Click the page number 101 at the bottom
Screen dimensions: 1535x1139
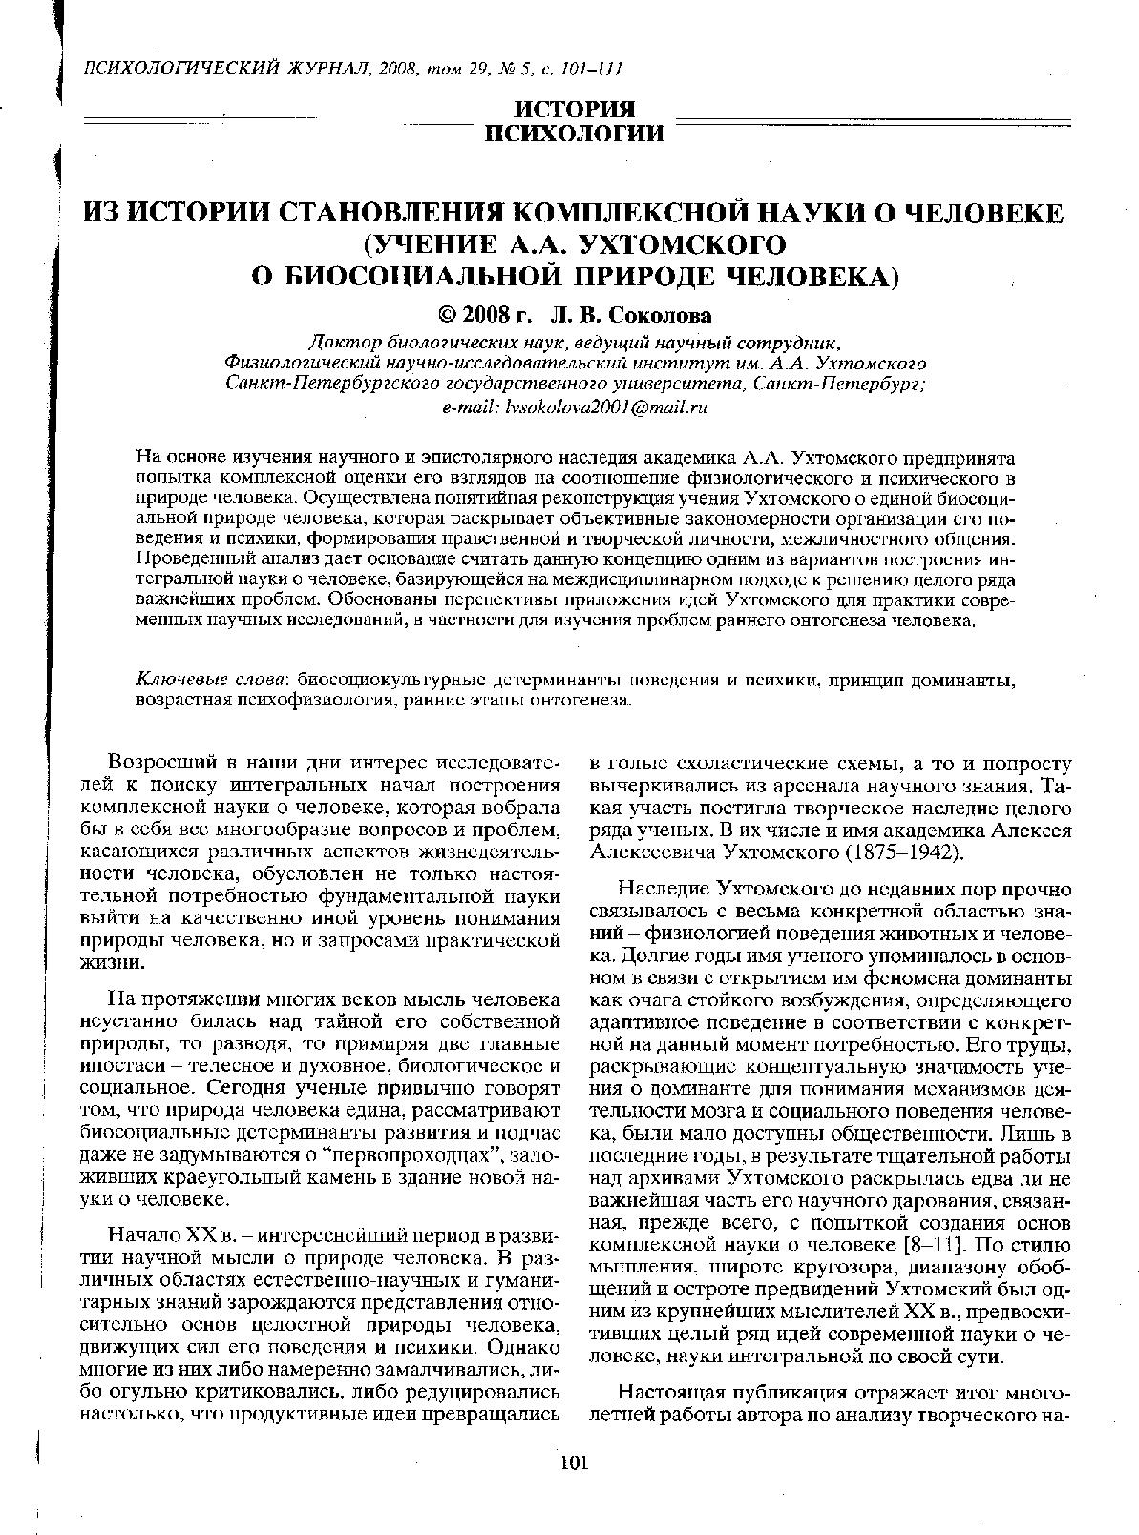[574, 1462]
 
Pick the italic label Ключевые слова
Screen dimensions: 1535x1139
[212, 680]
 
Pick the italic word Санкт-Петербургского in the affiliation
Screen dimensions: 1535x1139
[321, 384]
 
